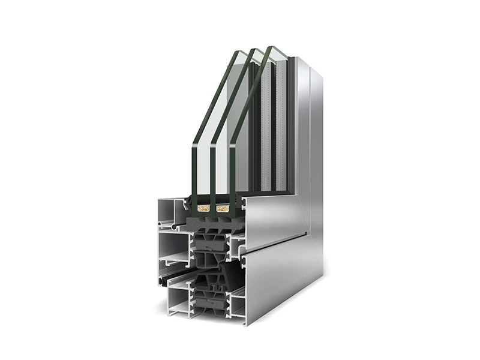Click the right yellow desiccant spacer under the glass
[x=223, y=209]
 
